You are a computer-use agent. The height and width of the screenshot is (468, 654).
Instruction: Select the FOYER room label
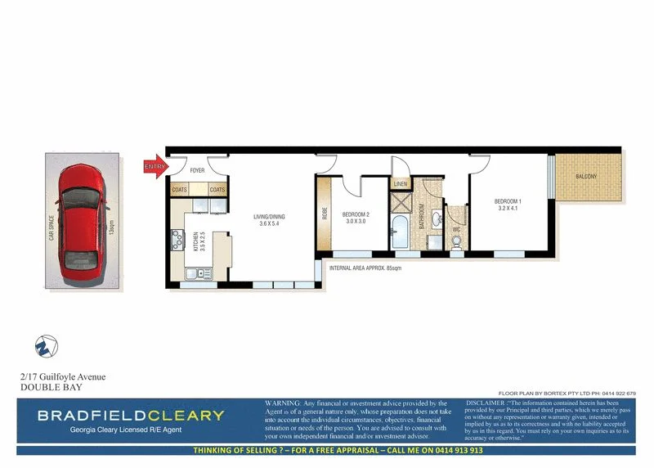[x=197, y=171]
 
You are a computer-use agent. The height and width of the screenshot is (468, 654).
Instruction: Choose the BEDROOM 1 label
[x=507, y=205]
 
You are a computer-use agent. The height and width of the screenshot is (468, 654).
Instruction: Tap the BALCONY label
[x=585, y=177]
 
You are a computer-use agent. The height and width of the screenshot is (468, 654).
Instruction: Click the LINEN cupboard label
[x=400, y=184]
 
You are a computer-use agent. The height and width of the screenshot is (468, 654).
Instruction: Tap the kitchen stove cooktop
[x=177, y=240]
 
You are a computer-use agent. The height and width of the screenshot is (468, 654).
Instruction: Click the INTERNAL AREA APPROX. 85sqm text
[x=365, y=268]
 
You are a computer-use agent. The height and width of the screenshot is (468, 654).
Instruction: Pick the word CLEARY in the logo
[x=182, y=415]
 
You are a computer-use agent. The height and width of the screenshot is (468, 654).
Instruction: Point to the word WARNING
[x=282, y=403]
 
